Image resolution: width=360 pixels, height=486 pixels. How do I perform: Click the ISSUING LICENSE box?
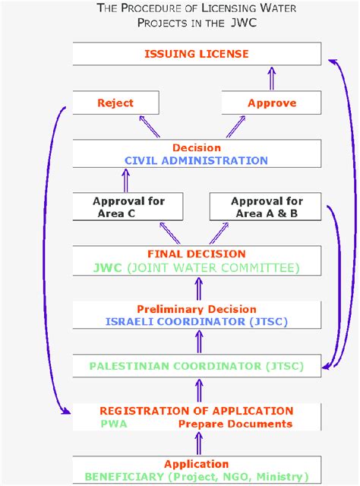(x=197, y=54)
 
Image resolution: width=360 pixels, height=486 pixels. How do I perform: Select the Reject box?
(x=115, y=103)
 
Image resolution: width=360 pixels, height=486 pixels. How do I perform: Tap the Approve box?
(x=271, y=103)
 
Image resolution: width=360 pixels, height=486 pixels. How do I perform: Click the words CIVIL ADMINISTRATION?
(x=196, y=160)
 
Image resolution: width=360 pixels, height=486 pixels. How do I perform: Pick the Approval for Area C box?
(x=128, y=207)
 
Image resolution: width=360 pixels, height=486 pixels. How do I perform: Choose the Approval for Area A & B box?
(x=266, y=207)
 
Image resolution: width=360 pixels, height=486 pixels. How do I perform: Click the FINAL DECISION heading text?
(x=196, y=254)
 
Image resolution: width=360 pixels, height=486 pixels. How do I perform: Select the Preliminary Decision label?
(x=196, y=309)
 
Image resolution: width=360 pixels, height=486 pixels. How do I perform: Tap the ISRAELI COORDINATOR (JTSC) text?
(x=196, y=321)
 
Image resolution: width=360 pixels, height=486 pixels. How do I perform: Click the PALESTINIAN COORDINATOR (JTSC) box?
(x=196, y=367)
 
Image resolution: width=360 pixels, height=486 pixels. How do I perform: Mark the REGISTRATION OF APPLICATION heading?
(x=196, y=411)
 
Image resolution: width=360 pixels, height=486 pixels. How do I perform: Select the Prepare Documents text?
(x=235, y=424)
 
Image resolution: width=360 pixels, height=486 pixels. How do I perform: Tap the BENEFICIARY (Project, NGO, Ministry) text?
(x=196, y=476)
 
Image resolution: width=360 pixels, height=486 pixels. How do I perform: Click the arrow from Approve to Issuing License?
(x=270, y=77)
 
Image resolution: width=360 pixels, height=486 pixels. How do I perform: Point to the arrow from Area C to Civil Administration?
(x=126, y=180)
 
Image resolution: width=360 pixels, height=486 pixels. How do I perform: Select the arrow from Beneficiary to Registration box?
(x=196, y=444)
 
